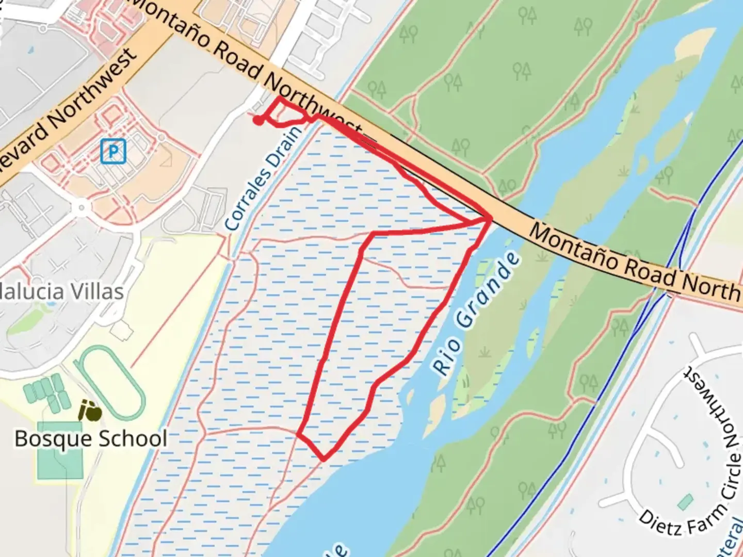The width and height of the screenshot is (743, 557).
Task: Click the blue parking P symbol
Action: pyautogui.click(x=113, y=152)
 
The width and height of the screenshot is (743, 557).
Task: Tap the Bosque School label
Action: pyautogui.click(x=91, y=439)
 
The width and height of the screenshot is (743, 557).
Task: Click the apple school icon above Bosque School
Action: pyautogui.click(x=90, y=411)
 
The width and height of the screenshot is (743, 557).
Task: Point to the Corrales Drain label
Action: pyautogui.click(x=264, y=177)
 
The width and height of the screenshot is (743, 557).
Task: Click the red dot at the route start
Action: pyautogui.click(x=257, y=121)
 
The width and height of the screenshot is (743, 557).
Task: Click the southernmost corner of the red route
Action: pyautogui.click(x=324, y=458)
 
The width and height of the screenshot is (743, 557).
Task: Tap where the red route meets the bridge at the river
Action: pyautogui.click(x=489, y=219)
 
